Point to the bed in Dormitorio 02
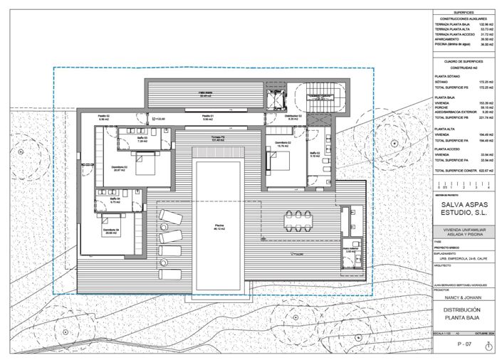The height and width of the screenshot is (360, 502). [283, 163]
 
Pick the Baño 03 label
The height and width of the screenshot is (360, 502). [143, 140]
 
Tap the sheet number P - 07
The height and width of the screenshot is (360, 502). [464, 344]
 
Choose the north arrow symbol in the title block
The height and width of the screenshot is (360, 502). [488, 346]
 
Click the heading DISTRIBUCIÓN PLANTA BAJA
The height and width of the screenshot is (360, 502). [463, 314]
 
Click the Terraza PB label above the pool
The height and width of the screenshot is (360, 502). [218, 138]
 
